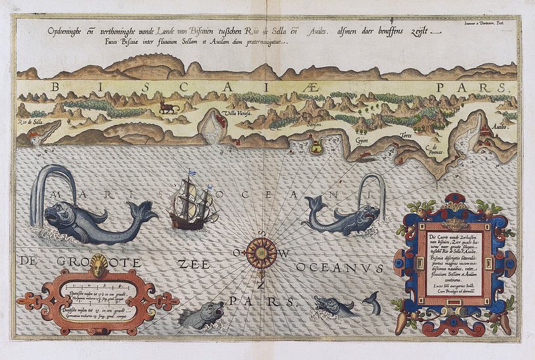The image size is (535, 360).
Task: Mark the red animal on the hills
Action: pos(170,107)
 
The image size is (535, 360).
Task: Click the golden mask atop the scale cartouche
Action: pos(100,264)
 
